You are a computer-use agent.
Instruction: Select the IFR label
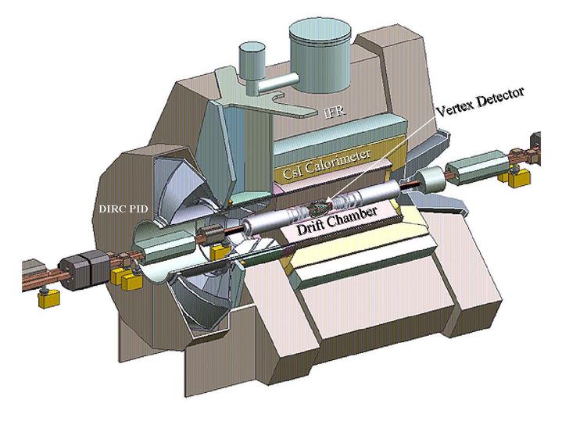(x=335, y=112)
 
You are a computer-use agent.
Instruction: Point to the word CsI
(x=291, y=173)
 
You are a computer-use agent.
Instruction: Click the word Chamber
(x=353, y=215)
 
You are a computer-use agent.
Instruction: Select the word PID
(x=138, y=209)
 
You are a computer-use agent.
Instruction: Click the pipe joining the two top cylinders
(x=276, y=83)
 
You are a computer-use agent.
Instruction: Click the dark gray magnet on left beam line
(x=84, y=269)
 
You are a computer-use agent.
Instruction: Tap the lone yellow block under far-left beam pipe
(x=48, y=298)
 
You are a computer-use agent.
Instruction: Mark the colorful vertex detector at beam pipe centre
(x=320, y=208)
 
